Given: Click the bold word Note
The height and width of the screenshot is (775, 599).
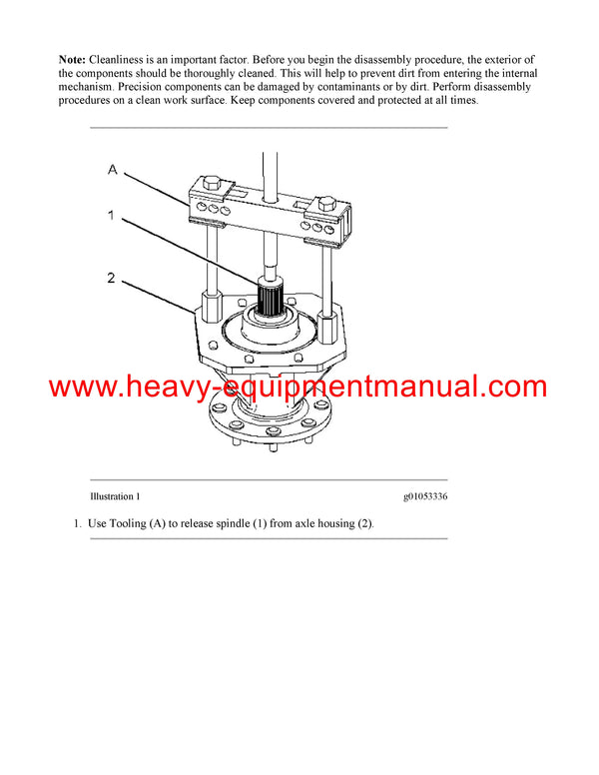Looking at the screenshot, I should (73, 62).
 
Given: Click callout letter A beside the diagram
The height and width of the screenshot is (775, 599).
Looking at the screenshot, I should (113, 171).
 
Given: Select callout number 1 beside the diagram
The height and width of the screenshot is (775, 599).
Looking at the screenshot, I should (113, 215).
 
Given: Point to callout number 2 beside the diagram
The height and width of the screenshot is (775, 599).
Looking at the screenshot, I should (113, 278).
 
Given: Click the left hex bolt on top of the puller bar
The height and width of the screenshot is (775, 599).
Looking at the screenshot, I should (211, 184).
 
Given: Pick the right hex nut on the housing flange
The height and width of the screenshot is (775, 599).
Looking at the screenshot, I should (324, 303).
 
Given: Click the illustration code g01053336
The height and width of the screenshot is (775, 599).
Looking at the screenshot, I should (425, 496).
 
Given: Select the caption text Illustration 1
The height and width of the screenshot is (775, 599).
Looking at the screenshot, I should (116, 496).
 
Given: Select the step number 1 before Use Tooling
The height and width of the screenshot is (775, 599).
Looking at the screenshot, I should (76, 524).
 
